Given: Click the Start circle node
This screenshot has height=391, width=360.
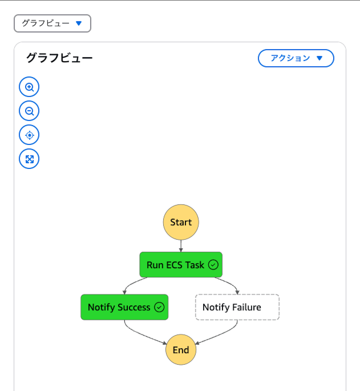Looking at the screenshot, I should pyautogui.click(x=181, y=222).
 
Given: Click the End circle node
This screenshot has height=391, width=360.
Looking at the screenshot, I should pyautogui.click(x=181, y=350).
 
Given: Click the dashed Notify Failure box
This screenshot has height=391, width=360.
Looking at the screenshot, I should pyautogui.click(x=237, y=307).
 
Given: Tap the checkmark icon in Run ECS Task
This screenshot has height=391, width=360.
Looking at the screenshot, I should pyautogui.click(x=213, y=265).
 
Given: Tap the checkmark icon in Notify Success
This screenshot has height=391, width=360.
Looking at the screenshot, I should pyautogui.click(x=159, y=307).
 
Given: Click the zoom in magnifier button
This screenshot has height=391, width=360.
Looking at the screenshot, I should pyautogui.click(x=29, y=87).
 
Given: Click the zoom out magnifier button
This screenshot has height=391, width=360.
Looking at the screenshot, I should pyautogui.click(x=29, y=111).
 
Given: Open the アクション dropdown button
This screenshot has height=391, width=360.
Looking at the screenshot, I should pyautogui.click(x=295, y=58).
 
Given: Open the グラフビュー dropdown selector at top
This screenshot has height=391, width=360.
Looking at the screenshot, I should pyautogui.click(x=52, y=23).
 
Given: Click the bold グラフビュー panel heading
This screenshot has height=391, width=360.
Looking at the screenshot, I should pyautogui.click(x=59, y=58).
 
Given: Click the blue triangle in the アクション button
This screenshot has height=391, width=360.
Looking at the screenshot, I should pyautogui.click(x=319, y=58).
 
